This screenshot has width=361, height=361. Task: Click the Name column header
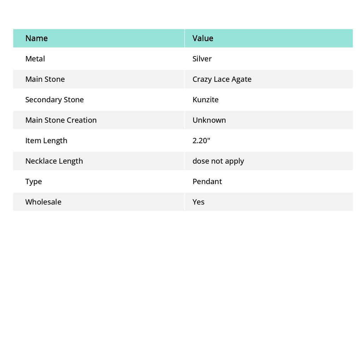coord(36,38)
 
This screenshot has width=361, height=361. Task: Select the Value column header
coord(203,38)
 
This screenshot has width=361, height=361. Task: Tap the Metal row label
coord(35,59)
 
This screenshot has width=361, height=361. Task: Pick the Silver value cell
coord(202,59)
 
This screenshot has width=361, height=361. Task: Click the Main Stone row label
coord(45,79)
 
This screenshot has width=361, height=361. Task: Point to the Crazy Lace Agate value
coord(222,79)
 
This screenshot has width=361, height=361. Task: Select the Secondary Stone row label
coord(54,100)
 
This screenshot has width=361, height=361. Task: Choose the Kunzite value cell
coord(205,100)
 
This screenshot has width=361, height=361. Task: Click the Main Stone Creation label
coord(61,120)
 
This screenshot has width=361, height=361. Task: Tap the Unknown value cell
coord(209,120)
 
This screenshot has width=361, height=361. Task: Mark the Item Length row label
coord(46,141)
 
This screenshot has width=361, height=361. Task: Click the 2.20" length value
coord(201,141)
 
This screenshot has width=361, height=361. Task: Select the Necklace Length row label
coord(54,161)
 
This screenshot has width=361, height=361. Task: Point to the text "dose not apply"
coord(218,161)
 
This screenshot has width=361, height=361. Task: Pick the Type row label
coord(33,182)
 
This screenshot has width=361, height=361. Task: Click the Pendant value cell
coord(207,182)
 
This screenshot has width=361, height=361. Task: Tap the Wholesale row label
coord(43,202)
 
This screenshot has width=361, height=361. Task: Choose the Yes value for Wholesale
coord(198,202)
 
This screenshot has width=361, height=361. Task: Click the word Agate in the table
coord(241,79)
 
